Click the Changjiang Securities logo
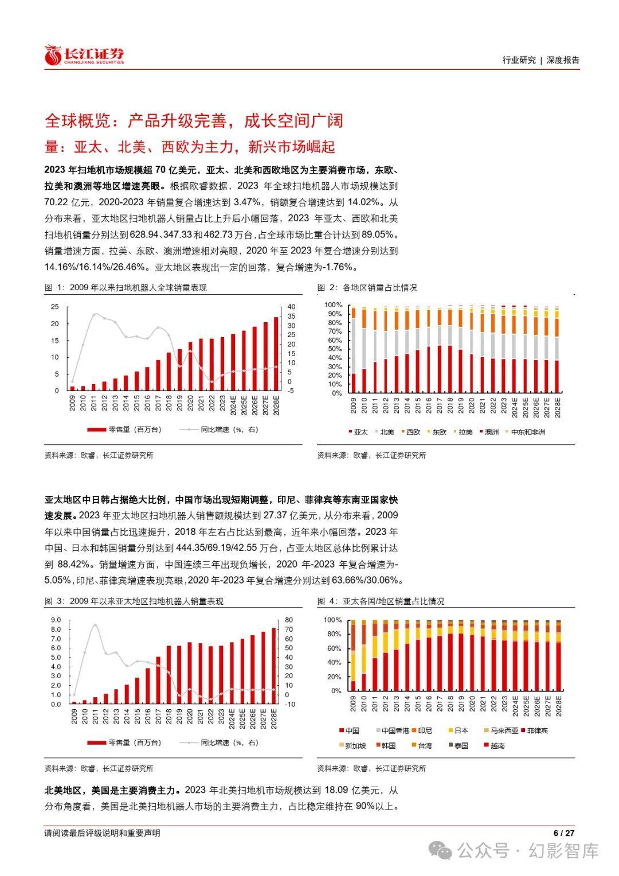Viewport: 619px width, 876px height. [x=85, y=55]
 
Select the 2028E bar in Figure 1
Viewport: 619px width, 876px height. [x=276, y=354]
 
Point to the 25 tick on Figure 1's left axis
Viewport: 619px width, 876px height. [x=55, y=307]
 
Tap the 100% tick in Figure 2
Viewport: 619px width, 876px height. [x=333, y=305]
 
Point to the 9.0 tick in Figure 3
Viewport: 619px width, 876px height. [x=56, y=620]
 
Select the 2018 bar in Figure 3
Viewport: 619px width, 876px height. [x=169, y=675]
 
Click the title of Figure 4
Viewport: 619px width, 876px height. [x=381, y=601]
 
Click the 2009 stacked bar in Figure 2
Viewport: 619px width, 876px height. [x=354, y=350]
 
